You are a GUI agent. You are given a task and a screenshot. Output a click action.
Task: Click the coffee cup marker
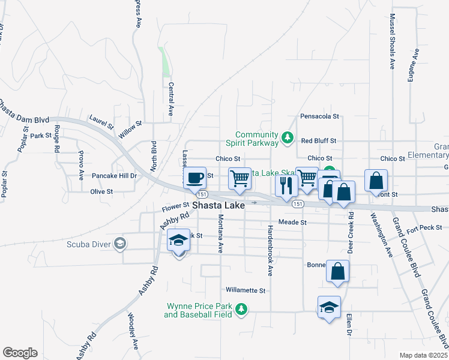pyautogui.click(x=195, y=178)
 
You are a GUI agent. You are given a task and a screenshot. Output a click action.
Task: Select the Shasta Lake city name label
pyautogui.click(x=218, y=205)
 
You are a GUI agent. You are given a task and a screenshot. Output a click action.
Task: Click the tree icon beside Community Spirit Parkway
pyautogui.click(x=288, y=139)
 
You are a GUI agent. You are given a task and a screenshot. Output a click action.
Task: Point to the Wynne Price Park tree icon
pyautogui.click(x=241, y=309)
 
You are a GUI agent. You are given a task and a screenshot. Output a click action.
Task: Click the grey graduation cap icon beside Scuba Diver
pyautogui.click(x=121, y=243)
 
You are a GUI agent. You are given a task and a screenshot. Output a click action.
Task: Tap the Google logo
pyautogui.click(x=20, y=353)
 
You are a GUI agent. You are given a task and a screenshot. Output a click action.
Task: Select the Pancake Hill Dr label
pyautogui.click(x=115, y=176)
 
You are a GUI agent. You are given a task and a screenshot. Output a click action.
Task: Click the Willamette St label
pyautogui.click(x=246, y=290)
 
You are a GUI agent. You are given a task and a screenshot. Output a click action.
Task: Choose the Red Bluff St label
pyautogui.click(x=319, y=140)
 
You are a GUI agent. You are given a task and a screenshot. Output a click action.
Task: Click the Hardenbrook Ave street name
pyautogui.click(x=270, y=251)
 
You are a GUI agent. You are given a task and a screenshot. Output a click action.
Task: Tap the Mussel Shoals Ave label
pyautogui.click(x=393, y=42)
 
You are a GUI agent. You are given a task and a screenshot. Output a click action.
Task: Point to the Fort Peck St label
pyautogui.click(x=424, y=227)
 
